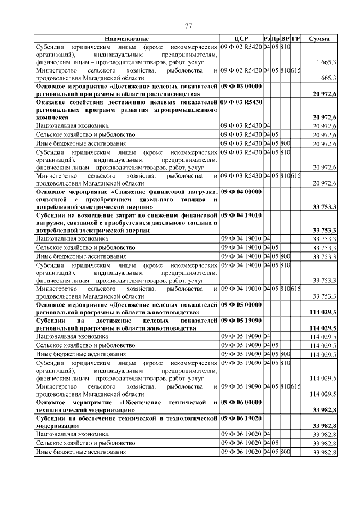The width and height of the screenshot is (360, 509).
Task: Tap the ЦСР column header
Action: [x=241, y=38]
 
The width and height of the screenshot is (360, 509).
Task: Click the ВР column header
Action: [x=285, y=38]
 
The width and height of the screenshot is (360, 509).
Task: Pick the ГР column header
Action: [x=296, y=38]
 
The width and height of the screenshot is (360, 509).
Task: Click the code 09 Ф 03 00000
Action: [x=241, y=86]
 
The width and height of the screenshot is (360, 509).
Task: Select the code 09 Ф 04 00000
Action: [x=241, y=192]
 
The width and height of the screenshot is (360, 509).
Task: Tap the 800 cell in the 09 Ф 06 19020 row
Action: [x=285, y=452]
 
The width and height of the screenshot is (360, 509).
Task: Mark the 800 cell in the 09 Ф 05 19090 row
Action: [x=285, y=354]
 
